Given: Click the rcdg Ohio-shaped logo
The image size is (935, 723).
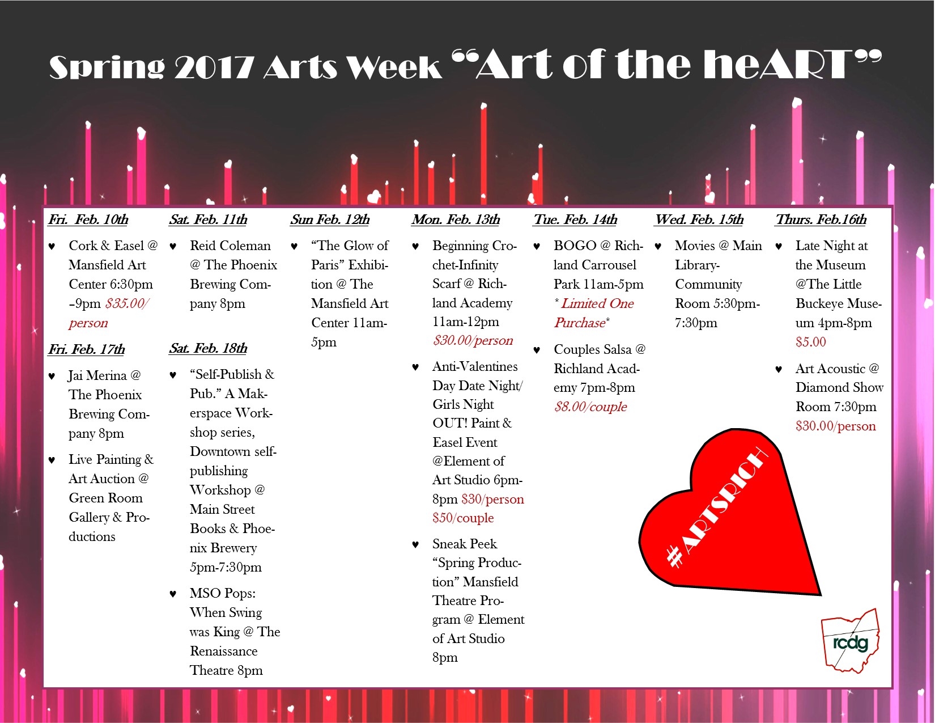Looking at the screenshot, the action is (x=850, y=641).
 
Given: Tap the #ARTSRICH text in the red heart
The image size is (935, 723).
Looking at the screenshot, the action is (x=716, y=508).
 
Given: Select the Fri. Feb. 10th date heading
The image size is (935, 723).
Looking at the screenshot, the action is (x=88, y=219).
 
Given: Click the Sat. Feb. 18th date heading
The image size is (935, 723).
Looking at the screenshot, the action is (x=208, y=348).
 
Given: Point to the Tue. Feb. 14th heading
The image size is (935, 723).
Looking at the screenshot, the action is (x=575, y=219).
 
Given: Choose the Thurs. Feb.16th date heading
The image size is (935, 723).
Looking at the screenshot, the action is (x=821, y=219).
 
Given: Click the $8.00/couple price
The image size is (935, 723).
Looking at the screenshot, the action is (x=590, y=407).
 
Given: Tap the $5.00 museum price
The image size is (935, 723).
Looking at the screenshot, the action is (x=811, y=342).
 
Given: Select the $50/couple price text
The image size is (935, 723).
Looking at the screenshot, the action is (x=463, y=518).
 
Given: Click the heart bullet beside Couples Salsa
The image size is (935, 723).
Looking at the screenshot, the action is (x=537, y=350).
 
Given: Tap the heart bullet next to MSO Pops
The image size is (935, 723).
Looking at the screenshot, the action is (x=173, y=594).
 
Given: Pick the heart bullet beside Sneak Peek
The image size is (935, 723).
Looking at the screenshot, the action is (x=415, y=545).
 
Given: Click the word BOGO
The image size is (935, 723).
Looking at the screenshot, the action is (x=575, y=246).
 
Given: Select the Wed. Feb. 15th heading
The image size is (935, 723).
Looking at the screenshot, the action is (x=699, y=219).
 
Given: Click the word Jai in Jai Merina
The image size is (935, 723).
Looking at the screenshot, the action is (x=76, y=375).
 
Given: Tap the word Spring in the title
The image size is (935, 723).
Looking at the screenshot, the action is (x=107, y=68).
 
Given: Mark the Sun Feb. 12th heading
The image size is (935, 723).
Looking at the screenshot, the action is (x=330, y=219).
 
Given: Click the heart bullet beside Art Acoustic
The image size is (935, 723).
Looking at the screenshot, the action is (x=779, y=370).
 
